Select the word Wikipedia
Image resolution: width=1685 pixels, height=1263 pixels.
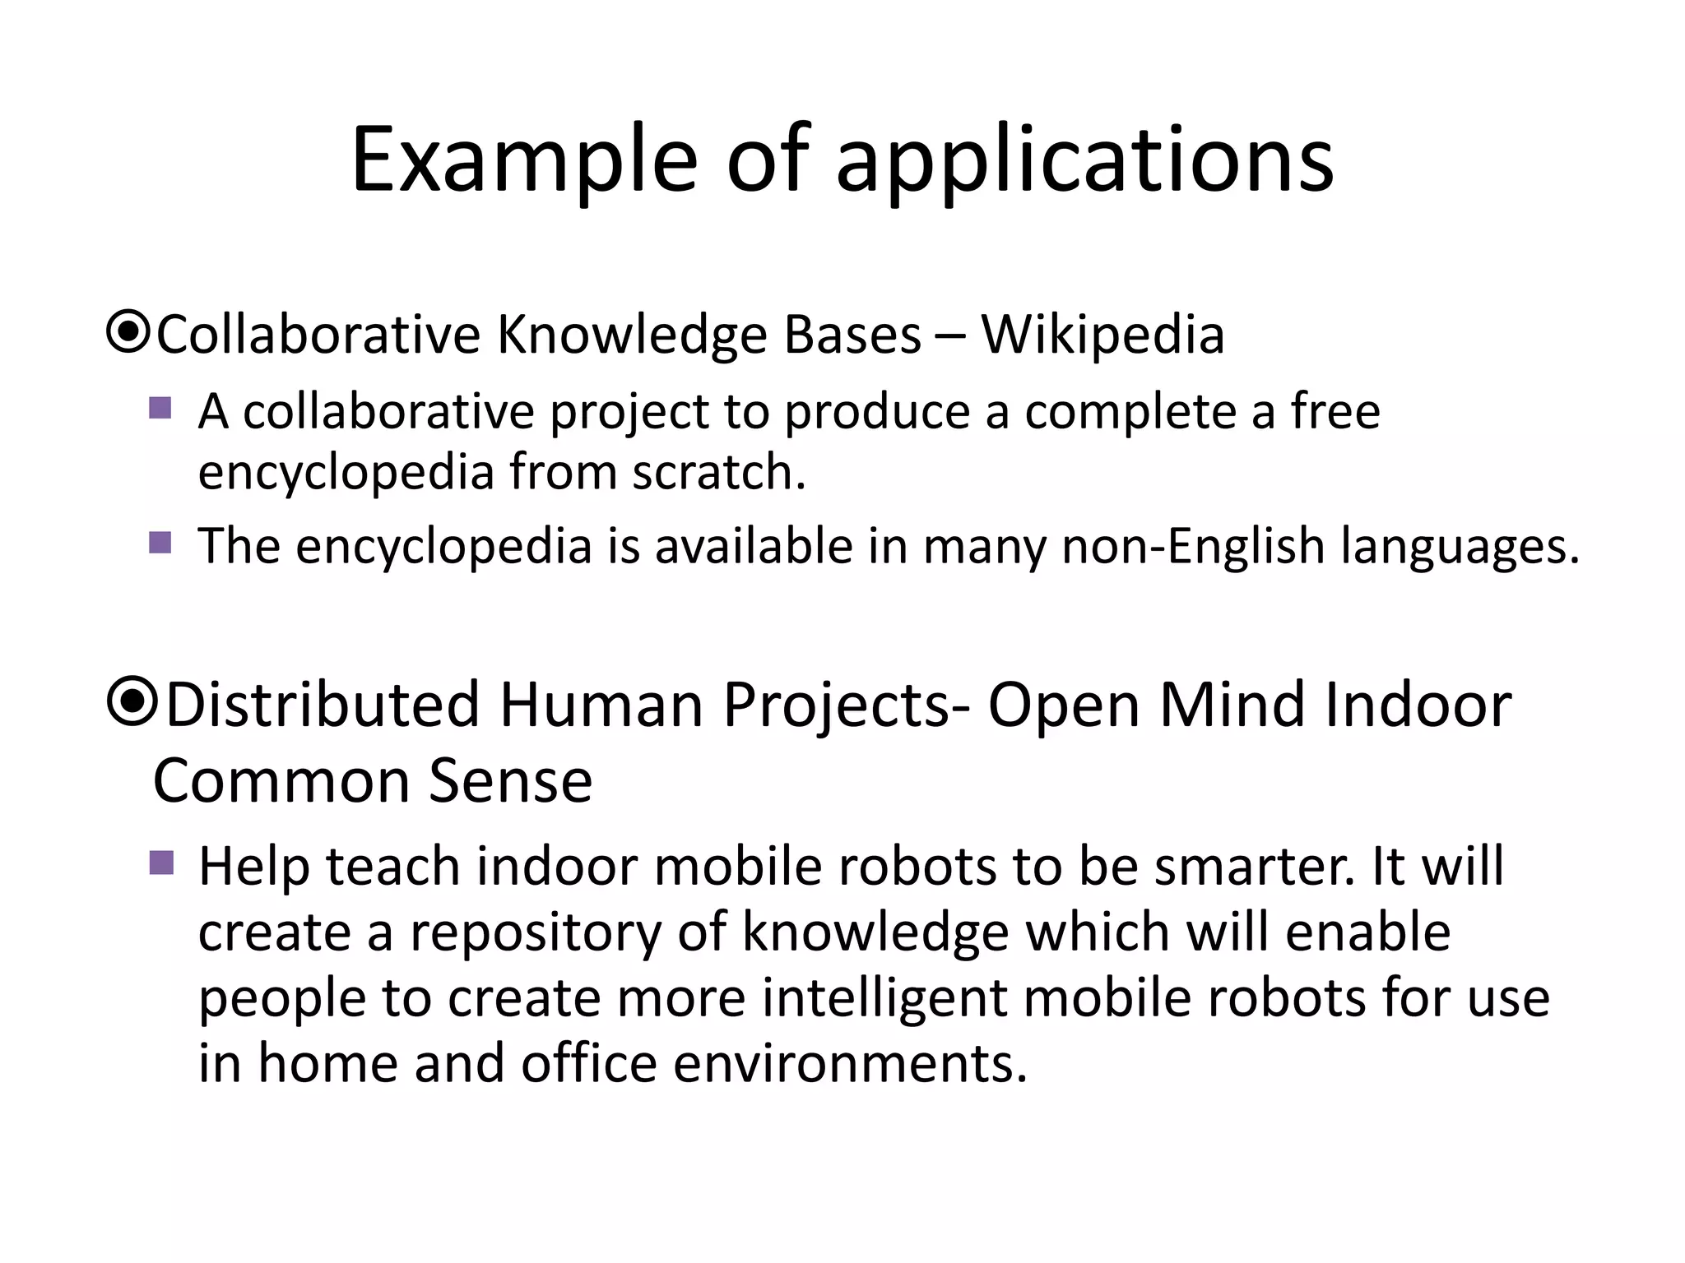tap(1102, 335)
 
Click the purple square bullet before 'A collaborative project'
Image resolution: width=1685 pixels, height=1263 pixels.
tap(160, 408)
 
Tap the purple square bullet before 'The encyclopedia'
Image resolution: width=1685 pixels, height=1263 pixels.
tap(160, 543)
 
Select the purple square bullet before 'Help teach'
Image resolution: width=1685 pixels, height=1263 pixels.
tap(161, 863)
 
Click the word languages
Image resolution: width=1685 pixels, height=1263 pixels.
tap(1460, 546)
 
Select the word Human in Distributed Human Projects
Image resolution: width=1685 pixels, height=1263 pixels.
tap(601, 705)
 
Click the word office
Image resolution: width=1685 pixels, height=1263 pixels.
tap(589, 1063)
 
